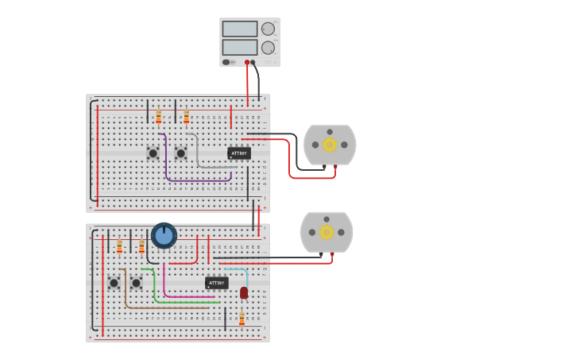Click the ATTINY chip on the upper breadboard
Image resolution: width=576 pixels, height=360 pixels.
(x=238, y=153)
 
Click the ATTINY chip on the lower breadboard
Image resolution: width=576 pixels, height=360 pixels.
(x=216, y=283)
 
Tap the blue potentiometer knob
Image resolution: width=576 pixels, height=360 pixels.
(x=164, y=235)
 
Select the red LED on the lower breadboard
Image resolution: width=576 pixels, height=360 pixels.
(x=244, y=292)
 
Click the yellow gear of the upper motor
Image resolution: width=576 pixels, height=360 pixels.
(x=330, y=145)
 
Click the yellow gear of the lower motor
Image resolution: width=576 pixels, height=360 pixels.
(x=327, y=232)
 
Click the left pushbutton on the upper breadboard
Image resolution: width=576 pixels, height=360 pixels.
(x=153, y=153)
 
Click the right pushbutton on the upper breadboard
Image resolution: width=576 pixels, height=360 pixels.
(x=180, y=153)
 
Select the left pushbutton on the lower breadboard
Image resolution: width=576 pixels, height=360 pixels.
(x=114, y=283)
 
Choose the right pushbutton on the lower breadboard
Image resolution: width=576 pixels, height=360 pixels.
(x=136, y=283)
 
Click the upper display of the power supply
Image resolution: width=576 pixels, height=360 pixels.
(x=239, y=29)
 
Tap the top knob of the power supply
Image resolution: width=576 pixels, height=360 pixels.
(x=268, y=29)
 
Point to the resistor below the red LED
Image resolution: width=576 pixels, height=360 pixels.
(x=242, y=319)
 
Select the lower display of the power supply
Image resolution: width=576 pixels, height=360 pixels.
(x=239, y=47)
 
